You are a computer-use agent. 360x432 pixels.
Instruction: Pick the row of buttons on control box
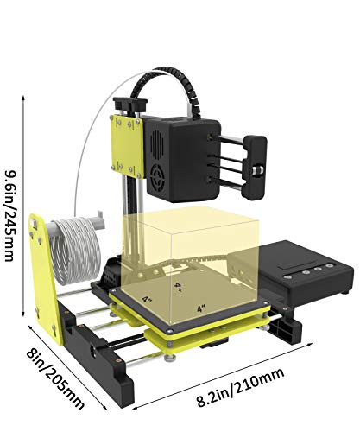319,270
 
